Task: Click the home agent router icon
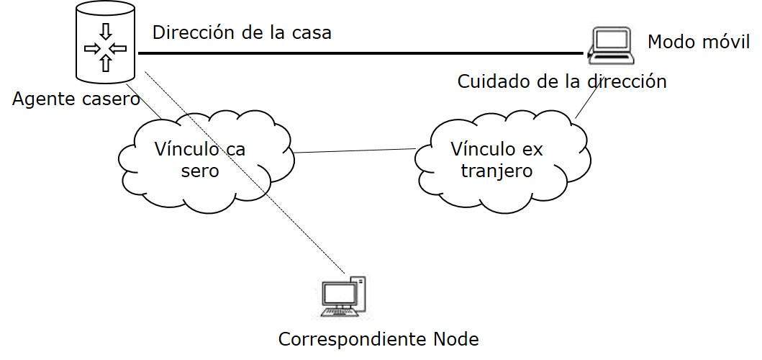pos(105,44)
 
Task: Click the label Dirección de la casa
pos(242,33)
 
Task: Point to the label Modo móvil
pos(699,42)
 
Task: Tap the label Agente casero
pos(76,99)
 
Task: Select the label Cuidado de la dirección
pos(561,81)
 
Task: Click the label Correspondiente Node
pos(378,338)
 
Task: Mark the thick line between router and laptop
pos(360,53)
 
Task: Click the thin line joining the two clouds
pos(356,151)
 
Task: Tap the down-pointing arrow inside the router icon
pos(106,32)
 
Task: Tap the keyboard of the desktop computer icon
pos(340,313)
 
